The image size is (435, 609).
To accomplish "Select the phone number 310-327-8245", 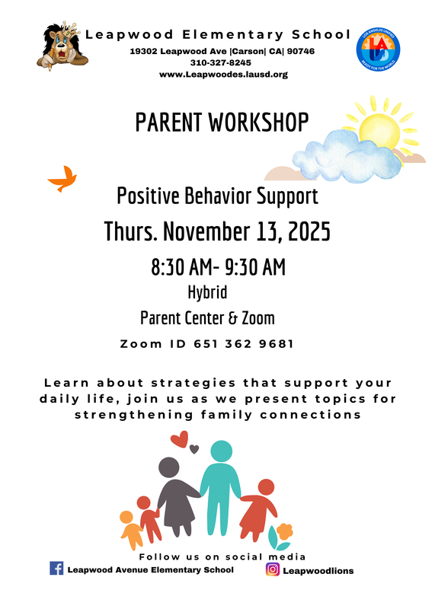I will [223, 62].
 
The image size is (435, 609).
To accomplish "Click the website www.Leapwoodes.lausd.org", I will [223, 75].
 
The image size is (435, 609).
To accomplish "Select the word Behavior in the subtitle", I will [215, 196].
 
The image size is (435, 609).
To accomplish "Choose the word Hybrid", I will [207, 292].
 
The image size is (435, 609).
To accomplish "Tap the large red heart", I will [180, 439].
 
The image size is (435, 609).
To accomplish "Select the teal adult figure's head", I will [221, 451].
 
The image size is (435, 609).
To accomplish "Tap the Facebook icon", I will [56, 568].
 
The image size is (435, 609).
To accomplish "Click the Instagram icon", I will [272, 569].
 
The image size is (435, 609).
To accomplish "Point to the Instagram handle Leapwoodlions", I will [318, 570].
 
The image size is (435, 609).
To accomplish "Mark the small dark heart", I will [194, 448].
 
